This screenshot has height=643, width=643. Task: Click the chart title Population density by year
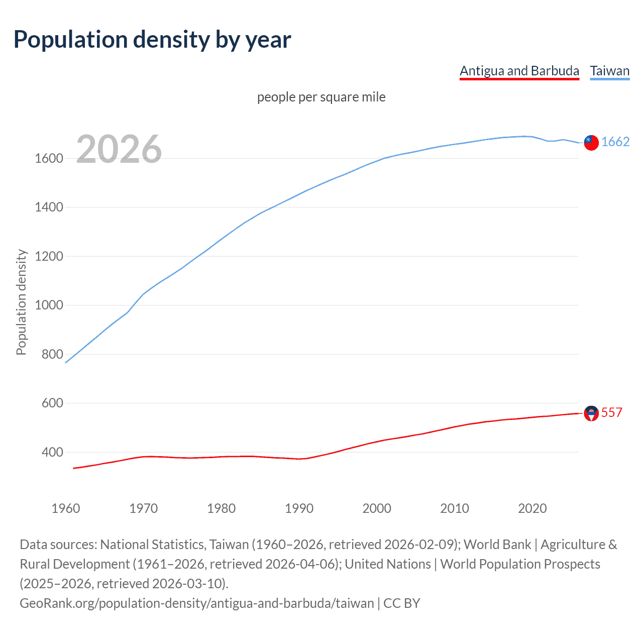(x=152, y=40)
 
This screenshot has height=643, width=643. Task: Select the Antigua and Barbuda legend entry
(x=519, y=71)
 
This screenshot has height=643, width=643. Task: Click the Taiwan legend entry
(x=610, y=71)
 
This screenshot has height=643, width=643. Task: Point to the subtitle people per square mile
(x=321, y=97)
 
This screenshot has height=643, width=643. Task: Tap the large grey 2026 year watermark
(x=119, y=149)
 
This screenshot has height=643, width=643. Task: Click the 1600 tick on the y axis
(x=49, y=159)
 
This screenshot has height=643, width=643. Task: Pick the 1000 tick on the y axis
(x=49, y=305)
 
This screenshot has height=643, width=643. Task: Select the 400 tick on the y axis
(x=52, y=453)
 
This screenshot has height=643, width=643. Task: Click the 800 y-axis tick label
(x=52, y=355)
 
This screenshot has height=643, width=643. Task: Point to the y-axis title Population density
(x=21, y=302)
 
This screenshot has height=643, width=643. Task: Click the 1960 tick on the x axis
(x=66, y=508)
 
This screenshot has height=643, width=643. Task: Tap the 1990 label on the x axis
(x=299, y=508)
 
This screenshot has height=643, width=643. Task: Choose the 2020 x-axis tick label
(x=532, y=508)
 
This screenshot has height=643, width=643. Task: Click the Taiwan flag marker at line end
(x=591, y=143)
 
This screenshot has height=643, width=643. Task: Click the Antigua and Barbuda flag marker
(x=591, y=413)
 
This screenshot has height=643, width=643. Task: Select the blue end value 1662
(x=615, y=142)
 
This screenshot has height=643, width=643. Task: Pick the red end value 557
(x=612, y=413)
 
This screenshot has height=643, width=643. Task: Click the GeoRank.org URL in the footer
(x=197, y=603)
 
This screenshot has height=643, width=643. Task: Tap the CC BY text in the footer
(x=402, y=603)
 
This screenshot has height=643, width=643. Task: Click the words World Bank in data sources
(x=497, y=545)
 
